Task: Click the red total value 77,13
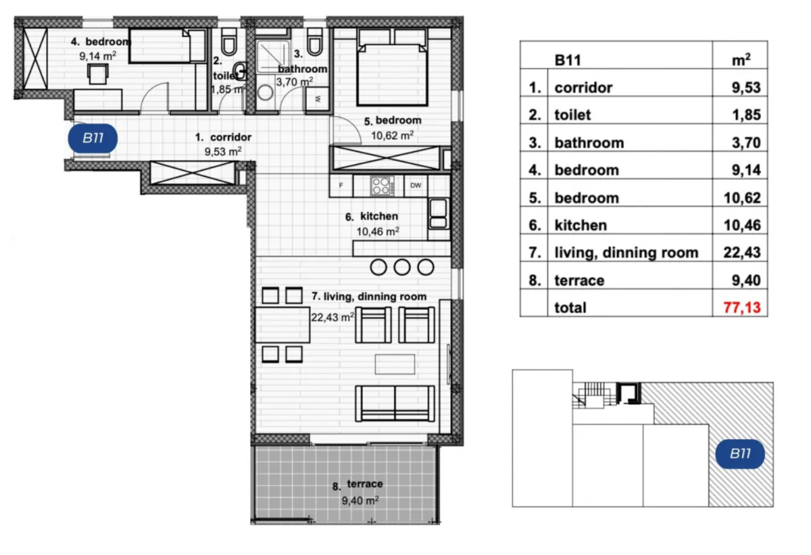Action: [742, 308]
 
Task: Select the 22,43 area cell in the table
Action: [742, 252]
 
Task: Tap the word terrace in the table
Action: [579, 280]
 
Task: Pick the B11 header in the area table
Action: [567, 60]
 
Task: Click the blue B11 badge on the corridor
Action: [93, 138]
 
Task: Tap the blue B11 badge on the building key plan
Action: [740, 454]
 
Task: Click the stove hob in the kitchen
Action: [382, 185]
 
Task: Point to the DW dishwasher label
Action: [416, 185]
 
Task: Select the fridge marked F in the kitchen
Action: [341, 185]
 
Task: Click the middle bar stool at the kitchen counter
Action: [402, 267]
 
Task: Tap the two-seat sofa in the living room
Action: [395, 403]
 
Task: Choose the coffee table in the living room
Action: [395, 364]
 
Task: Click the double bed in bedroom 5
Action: [392, 68]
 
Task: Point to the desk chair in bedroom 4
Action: [98, 74]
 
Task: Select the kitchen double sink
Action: [438, 214]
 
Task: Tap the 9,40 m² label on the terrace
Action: [360, 500]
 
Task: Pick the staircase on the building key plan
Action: [594, 395]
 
